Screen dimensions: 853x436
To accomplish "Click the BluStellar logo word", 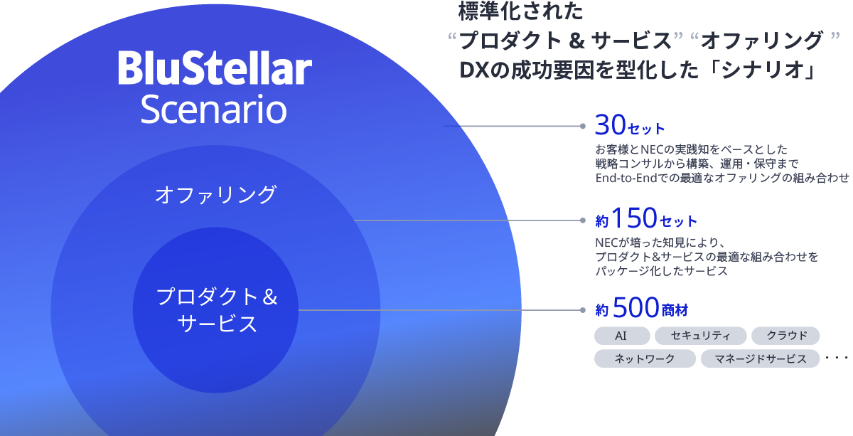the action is (x=215, y=68).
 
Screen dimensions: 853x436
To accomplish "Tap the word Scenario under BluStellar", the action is (x=214, y=110).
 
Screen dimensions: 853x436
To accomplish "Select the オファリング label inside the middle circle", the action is (x=215, y=194).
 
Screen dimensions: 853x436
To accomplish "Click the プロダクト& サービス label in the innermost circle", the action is (x=217, y=310).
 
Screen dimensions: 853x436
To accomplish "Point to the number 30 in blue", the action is (x=611, y=124).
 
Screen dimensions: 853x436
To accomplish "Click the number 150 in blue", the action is (x=634, y=218).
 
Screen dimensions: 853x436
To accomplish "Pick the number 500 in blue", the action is (x=636, y=307).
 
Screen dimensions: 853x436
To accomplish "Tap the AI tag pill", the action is (x=622, y=336).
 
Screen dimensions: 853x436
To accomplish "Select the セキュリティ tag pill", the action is (x=700, y=336).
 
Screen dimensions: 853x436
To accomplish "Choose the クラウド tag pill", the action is (x=785, y=336).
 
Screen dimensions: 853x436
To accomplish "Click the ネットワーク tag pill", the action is (x=645, y=358).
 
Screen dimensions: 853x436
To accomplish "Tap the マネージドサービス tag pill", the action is (x=760, y=358).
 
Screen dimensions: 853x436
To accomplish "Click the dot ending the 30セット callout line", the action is (x=583, y=126).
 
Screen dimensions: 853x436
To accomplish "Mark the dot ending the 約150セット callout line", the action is (x=583, y=220).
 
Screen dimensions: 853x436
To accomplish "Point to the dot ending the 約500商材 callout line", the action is (x=583, y=310).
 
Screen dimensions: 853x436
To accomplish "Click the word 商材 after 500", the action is (x=675, y=310).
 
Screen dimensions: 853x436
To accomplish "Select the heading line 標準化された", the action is (x=520, y=11).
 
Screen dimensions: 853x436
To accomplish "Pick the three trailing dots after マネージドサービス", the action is (x=836, y=358).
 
